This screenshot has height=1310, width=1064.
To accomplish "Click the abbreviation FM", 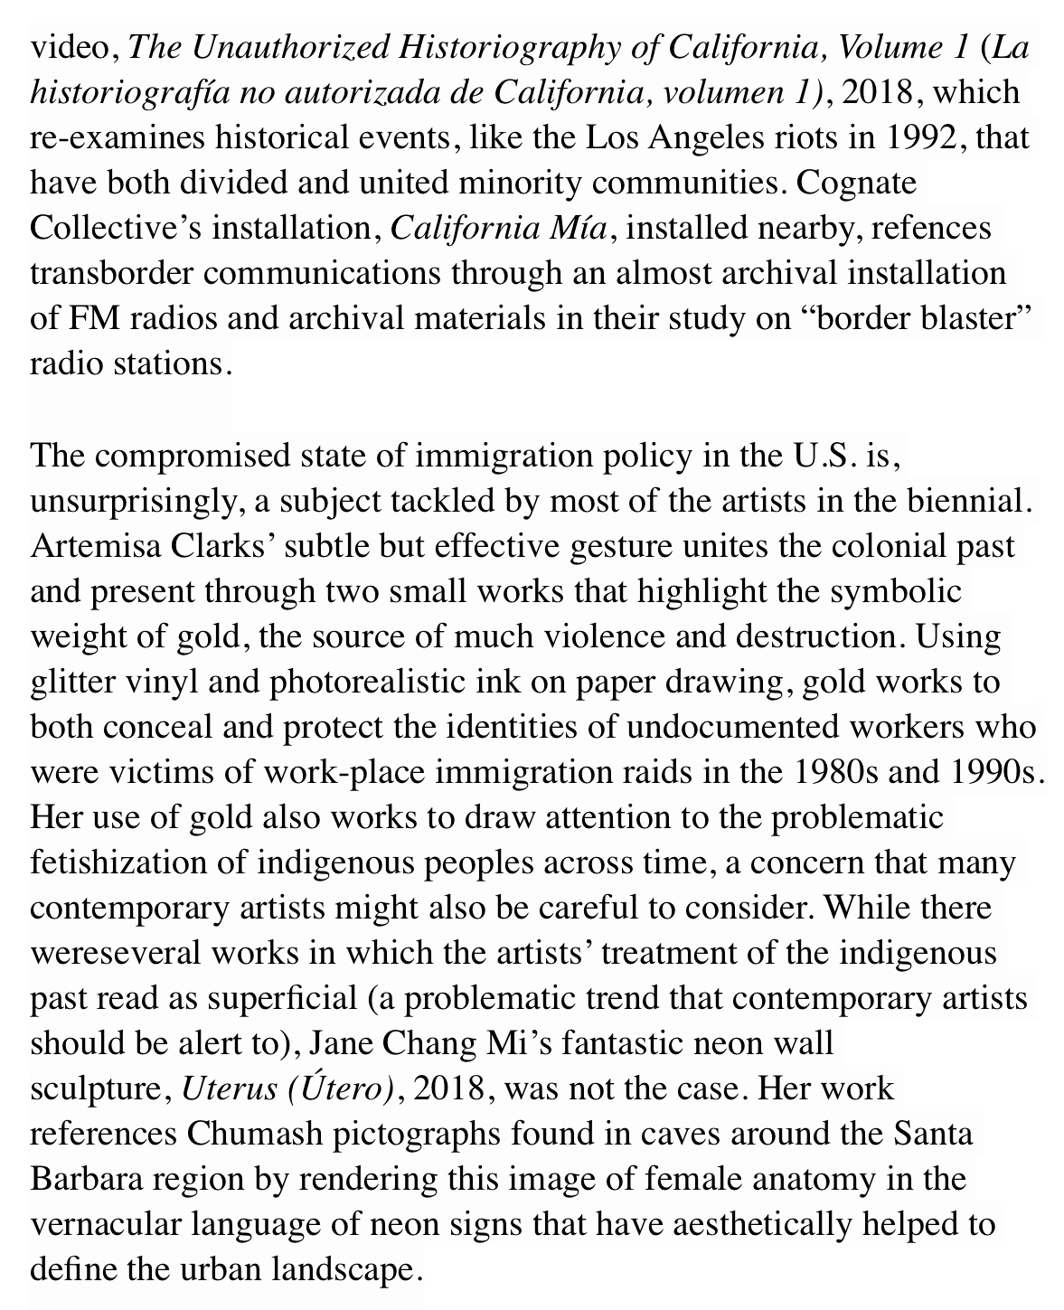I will [89, 319].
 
